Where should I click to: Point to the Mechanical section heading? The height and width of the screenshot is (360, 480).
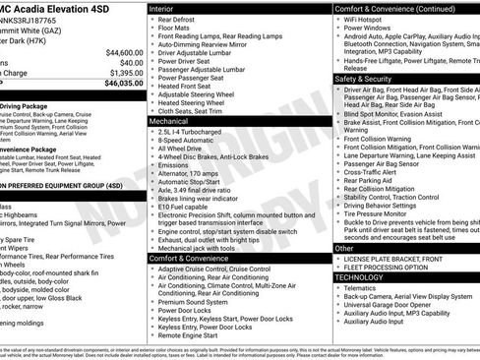click(171, 123)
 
